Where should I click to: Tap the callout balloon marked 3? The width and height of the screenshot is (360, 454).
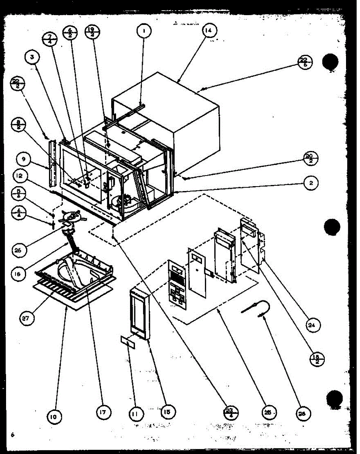click(x=32, y=58)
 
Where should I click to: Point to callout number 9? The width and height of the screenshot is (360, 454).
click(x=24, y=159)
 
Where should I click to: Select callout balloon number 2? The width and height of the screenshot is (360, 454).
click(x=310, y=183)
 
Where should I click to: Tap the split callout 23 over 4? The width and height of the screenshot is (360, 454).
click(x=231, y=411)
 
